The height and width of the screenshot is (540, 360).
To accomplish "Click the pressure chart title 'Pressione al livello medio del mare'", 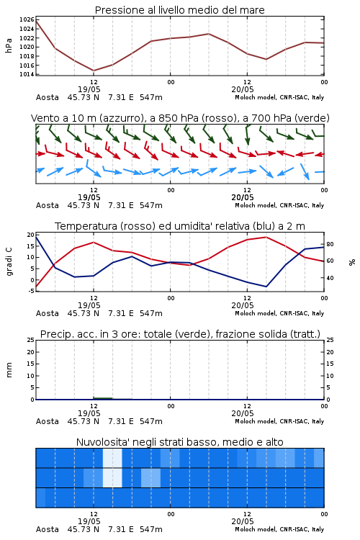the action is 179,10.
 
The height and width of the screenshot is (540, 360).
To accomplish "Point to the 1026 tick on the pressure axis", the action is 27,19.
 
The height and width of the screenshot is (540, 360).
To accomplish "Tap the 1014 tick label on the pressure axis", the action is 27,74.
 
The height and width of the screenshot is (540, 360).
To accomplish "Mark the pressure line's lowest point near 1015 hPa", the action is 94,71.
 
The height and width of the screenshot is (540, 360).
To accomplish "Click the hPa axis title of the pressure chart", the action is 9,45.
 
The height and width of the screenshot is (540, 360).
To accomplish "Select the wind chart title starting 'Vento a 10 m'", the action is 180,118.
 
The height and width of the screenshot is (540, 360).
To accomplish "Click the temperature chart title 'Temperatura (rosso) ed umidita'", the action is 180,226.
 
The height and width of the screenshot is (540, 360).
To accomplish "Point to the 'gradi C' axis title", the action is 9,262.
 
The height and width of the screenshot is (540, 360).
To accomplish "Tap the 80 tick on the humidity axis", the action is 330,244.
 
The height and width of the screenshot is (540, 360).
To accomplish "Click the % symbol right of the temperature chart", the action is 352,262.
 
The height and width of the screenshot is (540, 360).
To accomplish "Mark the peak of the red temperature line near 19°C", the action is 266,237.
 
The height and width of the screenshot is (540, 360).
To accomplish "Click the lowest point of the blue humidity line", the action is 266,287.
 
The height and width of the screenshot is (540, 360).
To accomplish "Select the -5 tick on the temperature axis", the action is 31,291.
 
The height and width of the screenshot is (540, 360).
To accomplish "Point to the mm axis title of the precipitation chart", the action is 9,370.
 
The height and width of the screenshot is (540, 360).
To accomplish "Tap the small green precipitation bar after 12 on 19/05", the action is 103,398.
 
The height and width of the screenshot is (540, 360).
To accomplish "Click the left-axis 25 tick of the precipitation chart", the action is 31,340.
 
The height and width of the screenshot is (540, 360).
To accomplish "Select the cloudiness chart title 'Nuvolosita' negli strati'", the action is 179,442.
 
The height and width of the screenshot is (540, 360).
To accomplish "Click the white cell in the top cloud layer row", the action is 112,458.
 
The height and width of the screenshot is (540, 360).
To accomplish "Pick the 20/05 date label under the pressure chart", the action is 243,89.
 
